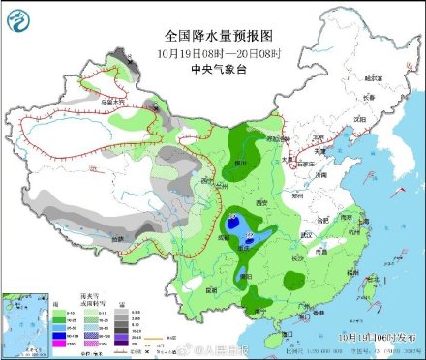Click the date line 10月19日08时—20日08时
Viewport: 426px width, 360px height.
coord(210,53)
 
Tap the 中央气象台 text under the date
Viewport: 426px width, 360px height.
coord(210,69)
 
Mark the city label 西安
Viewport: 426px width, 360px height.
coord(259,201)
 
